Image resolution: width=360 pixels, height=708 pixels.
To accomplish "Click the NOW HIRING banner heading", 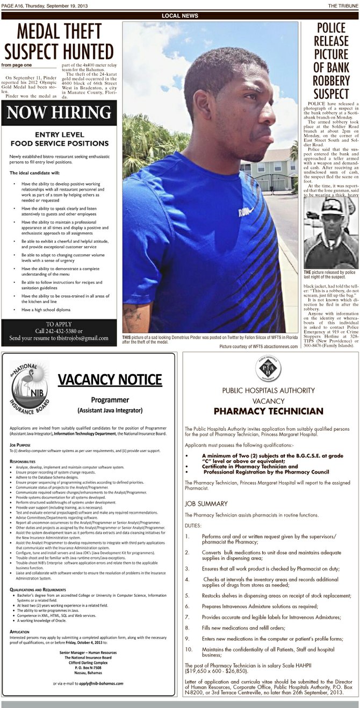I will pyautogui.click(x=59, y=112).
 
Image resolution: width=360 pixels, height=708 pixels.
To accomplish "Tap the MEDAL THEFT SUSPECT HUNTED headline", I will pyautogui.click(x=59, y=42).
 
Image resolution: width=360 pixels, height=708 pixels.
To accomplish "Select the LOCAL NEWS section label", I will pyautogui.click(x=180, y=16).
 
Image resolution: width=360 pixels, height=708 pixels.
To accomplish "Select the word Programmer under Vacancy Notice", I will pyautogui.click(x=110, y=400).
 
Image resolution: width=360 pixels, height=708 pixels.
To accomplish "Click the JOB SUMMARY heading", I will pyautogui.click(x=207, y=504).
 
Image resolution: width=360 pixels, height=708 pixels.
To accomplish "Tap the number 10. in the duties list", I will pyautogui.click(x=188, y=649).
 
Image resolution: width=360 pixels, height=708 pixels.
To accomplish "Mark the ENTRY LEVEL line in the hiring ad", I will pyautogui.click(x=59, y=134).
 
